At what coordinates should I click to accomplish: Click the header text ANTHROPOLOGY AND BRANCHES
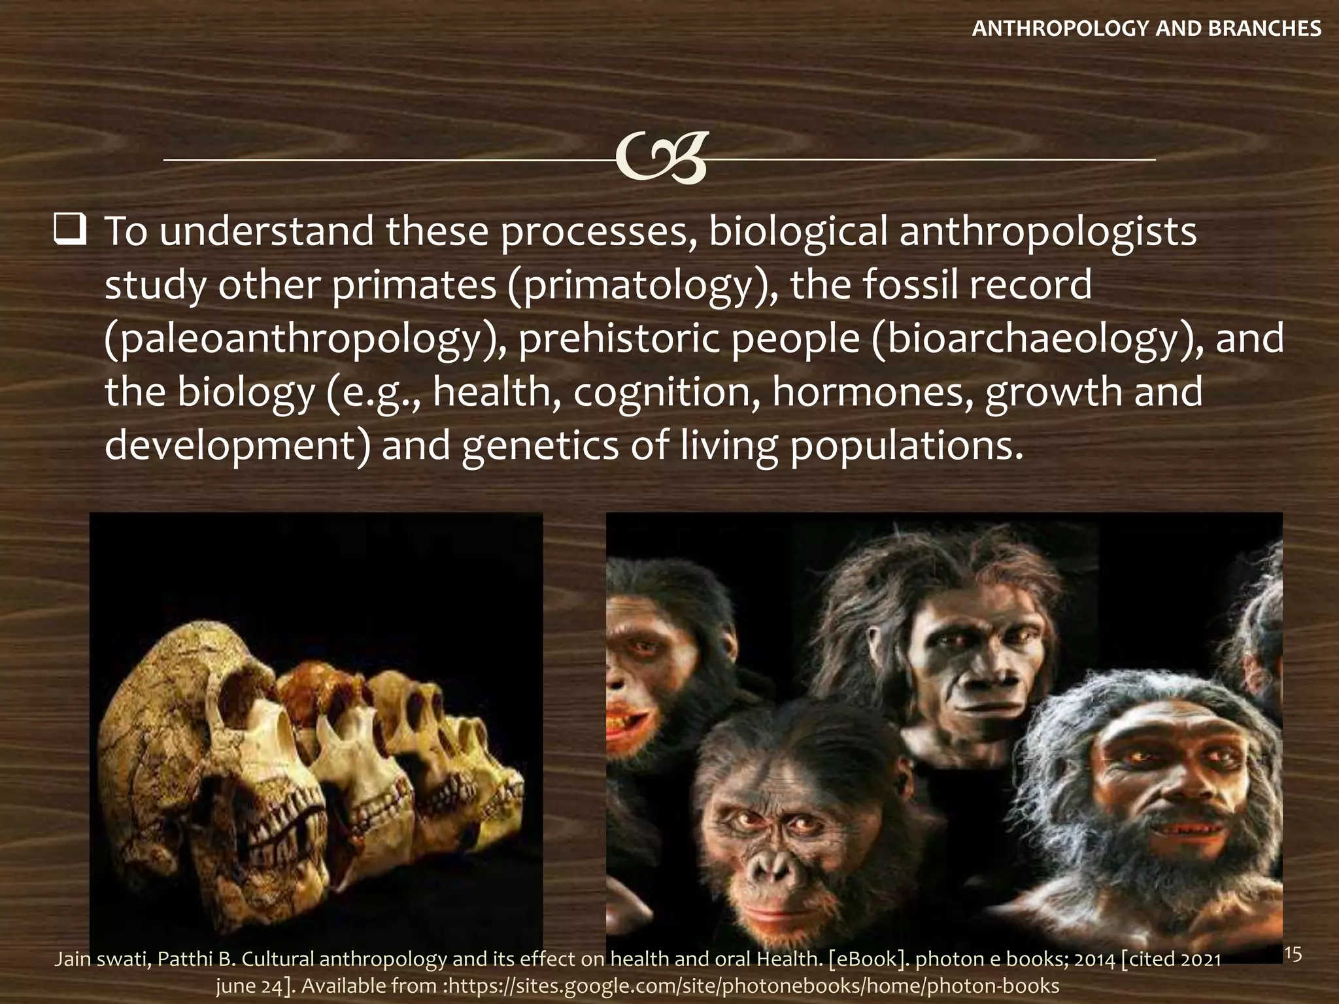pos(1146,29)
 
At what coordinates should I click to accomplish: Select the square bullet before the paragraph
pos(70,231)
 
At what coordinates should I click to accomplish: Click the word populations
pos(906,446)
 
